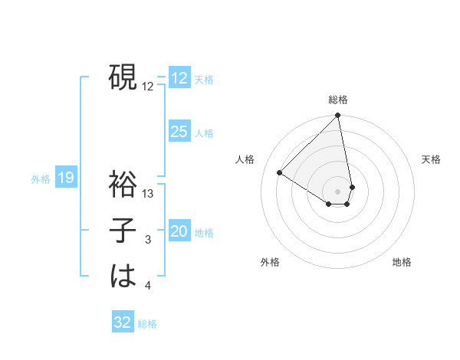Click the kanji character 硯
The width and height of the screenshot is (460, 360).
click(x=123, y=77)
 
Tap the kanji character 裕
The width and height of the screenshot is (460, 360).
click(x=123, y=185)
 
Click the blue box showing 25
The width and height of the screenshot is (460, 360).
click(x=179, y=132)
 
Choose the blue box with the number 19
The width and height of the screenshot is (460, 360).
click(x=65, y=178)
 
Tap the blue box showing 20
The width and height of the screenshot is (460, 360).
click(x=179, y=231)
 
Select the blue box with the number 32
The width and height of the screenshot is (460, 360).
click(x=123, y=322)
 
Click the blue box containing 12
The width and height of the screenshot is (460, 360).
click(x=179, y=78)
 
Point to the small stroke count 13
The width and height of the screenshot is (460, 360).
click(x=149, y=194)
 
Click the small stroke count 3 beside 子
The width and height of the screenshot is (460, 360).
click(x=148, y=240)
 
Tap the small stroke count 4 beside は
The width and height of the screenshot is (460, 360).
click(x=148, y=286)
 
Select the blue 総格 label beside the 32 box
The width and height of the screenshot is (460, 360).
click(x=147, y=324)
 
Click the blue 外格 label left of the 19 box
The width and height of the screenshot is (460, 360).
click(x=41, y=179)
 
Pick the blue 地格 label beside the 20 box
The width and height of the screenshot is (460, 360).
click(x=204, y=233)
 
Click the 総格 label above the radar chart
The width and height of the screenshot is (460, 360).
click(x=338, y=100)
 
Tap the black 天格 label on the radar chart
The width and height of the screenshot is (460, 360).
click(x=431, y=159)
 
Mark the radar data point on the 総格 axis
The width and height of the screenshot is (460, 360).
click(x=338, y=116)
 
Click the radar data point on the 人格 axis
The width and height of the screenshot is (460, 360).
click(x=280, y=172)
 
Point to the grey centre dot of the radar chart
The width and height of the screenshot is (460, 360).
click(x=338, y=191)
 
